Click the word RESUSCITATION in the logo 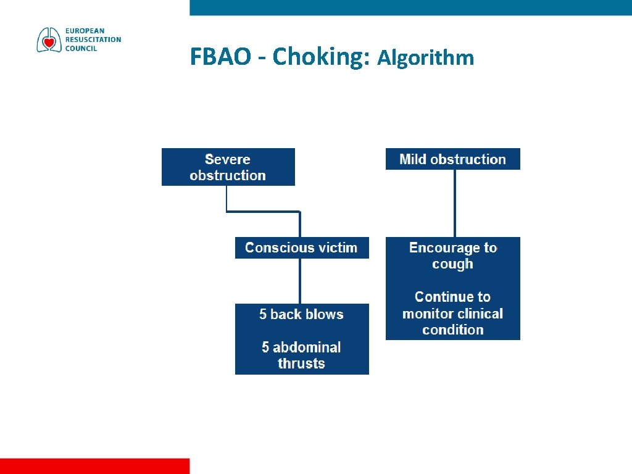click(x=93, y=39)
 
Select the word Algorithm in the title click(x=426, y=58)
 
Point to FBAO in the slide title click(x=221, y=57)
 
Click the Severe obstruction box click(x=228, y=167)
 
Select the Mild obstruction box click(x=452, y=159)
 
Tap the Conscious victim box click(x=302, y=247)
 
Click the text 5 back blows click(x=301, y=314)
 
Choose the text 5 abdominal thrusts click(x=301, y=355)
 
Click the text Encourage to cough click(x=452, y=256)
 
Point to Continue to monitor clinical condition click(x=452, y=313)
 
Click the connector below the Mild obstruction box click(x=455, y=203)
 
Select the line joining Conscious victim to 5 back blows click(x=300, y=281)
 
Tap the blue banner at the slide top click(x=410, y=7)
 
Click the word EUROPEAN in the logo click(x=85, y=31)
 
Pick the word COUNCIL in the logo click(x=81, y=48)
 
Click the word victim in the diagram click(x=339, y=247)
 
